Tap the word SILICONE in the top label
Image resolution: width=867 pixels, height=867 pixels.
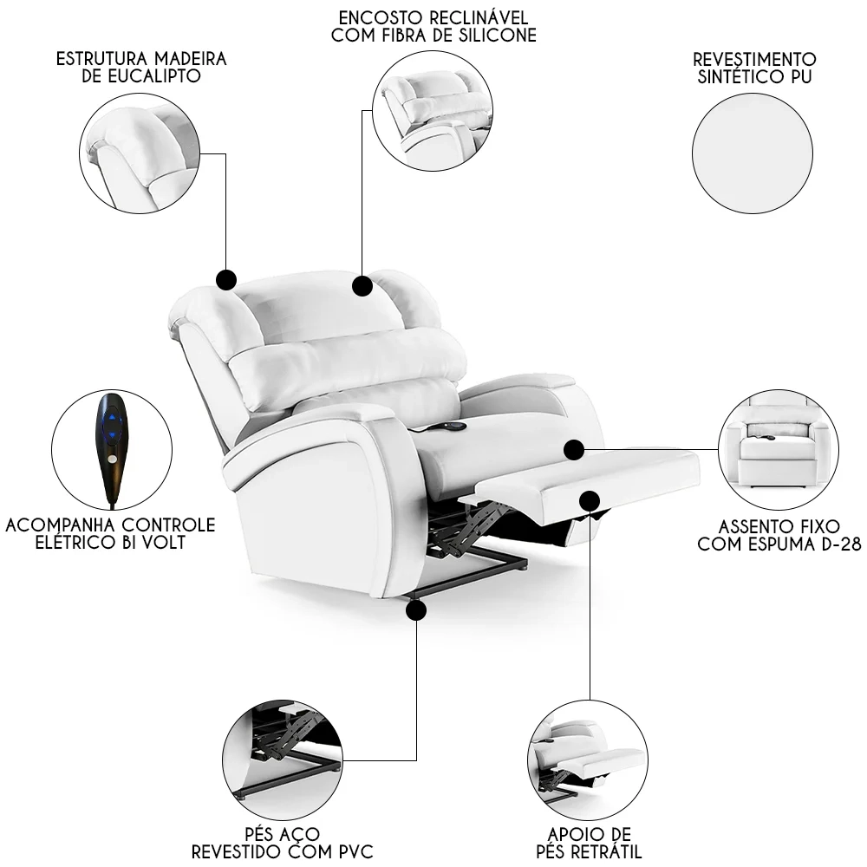(498, 36)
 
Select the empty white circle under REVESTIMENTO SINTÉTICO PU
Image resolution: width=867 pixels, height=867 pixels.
(753, 153)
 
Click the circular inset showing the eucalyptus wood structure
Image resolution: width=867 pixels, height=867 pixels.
(140, 153)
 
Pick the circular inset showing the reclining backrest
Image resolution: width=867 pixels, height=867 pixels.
(432, 110)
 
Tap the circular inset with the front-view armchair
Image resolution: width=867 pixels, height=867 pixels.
(778, 450)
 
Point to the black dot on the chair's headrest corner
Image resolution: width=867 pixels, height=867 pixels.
(226, 279)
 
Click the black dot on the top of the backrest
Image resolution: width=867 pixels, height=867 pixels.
(362, 285)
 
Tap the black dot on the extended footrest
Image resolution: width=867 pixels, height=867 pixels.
(590, 500)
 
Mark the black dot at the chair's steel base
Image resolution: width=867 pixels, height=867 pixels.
(416, 611)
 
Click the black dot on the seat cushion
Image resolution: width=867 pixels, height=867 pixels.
(573, 449)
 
